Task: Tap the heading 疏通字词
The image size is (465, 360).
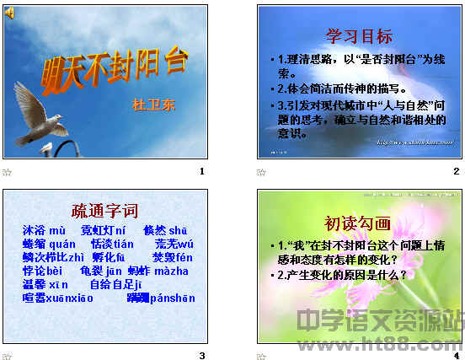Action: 104,211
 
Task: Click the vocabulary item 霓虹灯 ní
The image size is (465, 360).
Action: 103,230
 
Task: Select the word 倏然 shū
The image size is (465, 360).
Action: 164,230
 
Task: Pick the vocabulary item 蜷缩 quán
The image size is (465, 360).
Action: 49,244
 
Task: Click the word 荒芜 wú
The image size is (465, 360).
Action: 174,244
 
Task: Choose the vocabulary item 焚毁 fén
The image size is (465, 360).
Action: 172,257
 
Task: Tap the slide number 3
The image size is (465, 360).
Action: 201,355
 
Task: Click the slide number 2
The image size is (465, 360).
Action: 456,171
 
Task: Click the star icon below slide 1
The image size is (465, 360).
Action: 7,171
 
